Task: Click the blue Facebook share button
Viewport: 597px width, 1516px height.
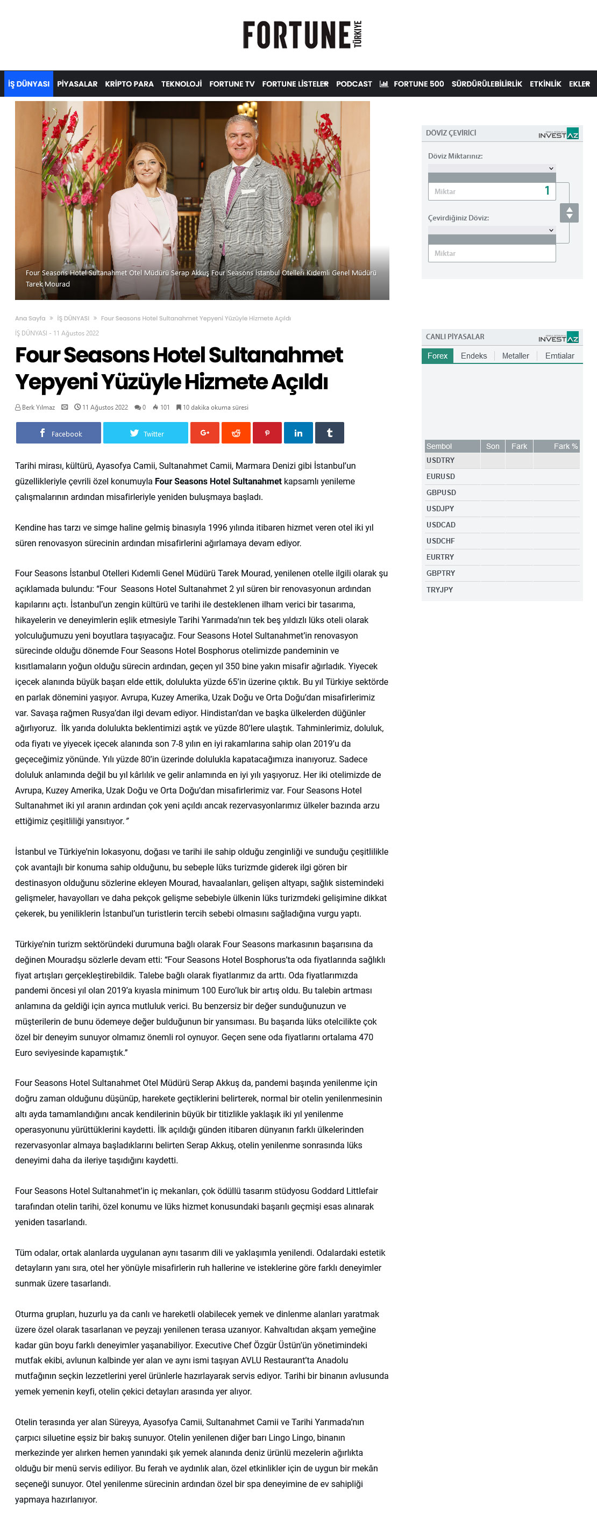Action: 58,433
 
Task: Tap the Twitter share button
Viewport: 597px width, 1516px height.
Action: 145,433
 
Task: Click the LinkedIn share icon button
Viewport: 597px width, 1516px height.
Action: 298,433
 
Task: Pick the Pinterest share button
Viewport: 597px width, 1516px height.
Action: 267,433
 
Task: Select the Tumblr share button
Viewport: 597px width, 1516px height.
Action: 329,433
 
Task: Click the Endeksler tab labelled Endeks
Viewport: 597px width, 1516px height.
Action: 473,356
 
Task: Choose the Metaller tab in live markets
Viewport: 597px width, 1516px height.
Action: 515,356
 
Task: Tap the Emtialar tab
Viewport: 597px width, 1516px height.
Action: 559,356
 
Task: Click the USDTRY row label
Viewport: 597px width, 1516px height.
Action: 440,460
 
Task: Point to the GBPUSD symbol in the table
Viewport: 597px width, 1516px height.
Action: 441,492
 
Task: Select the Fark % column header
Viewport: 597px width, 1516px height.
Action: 565,446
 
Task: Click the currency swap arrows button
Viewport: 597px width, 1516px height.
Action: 568,212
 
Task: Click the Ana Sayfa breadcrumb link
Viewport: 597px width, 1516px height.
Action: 30,318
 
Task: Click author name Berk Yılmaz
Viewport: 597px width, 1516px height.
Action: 38,407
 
